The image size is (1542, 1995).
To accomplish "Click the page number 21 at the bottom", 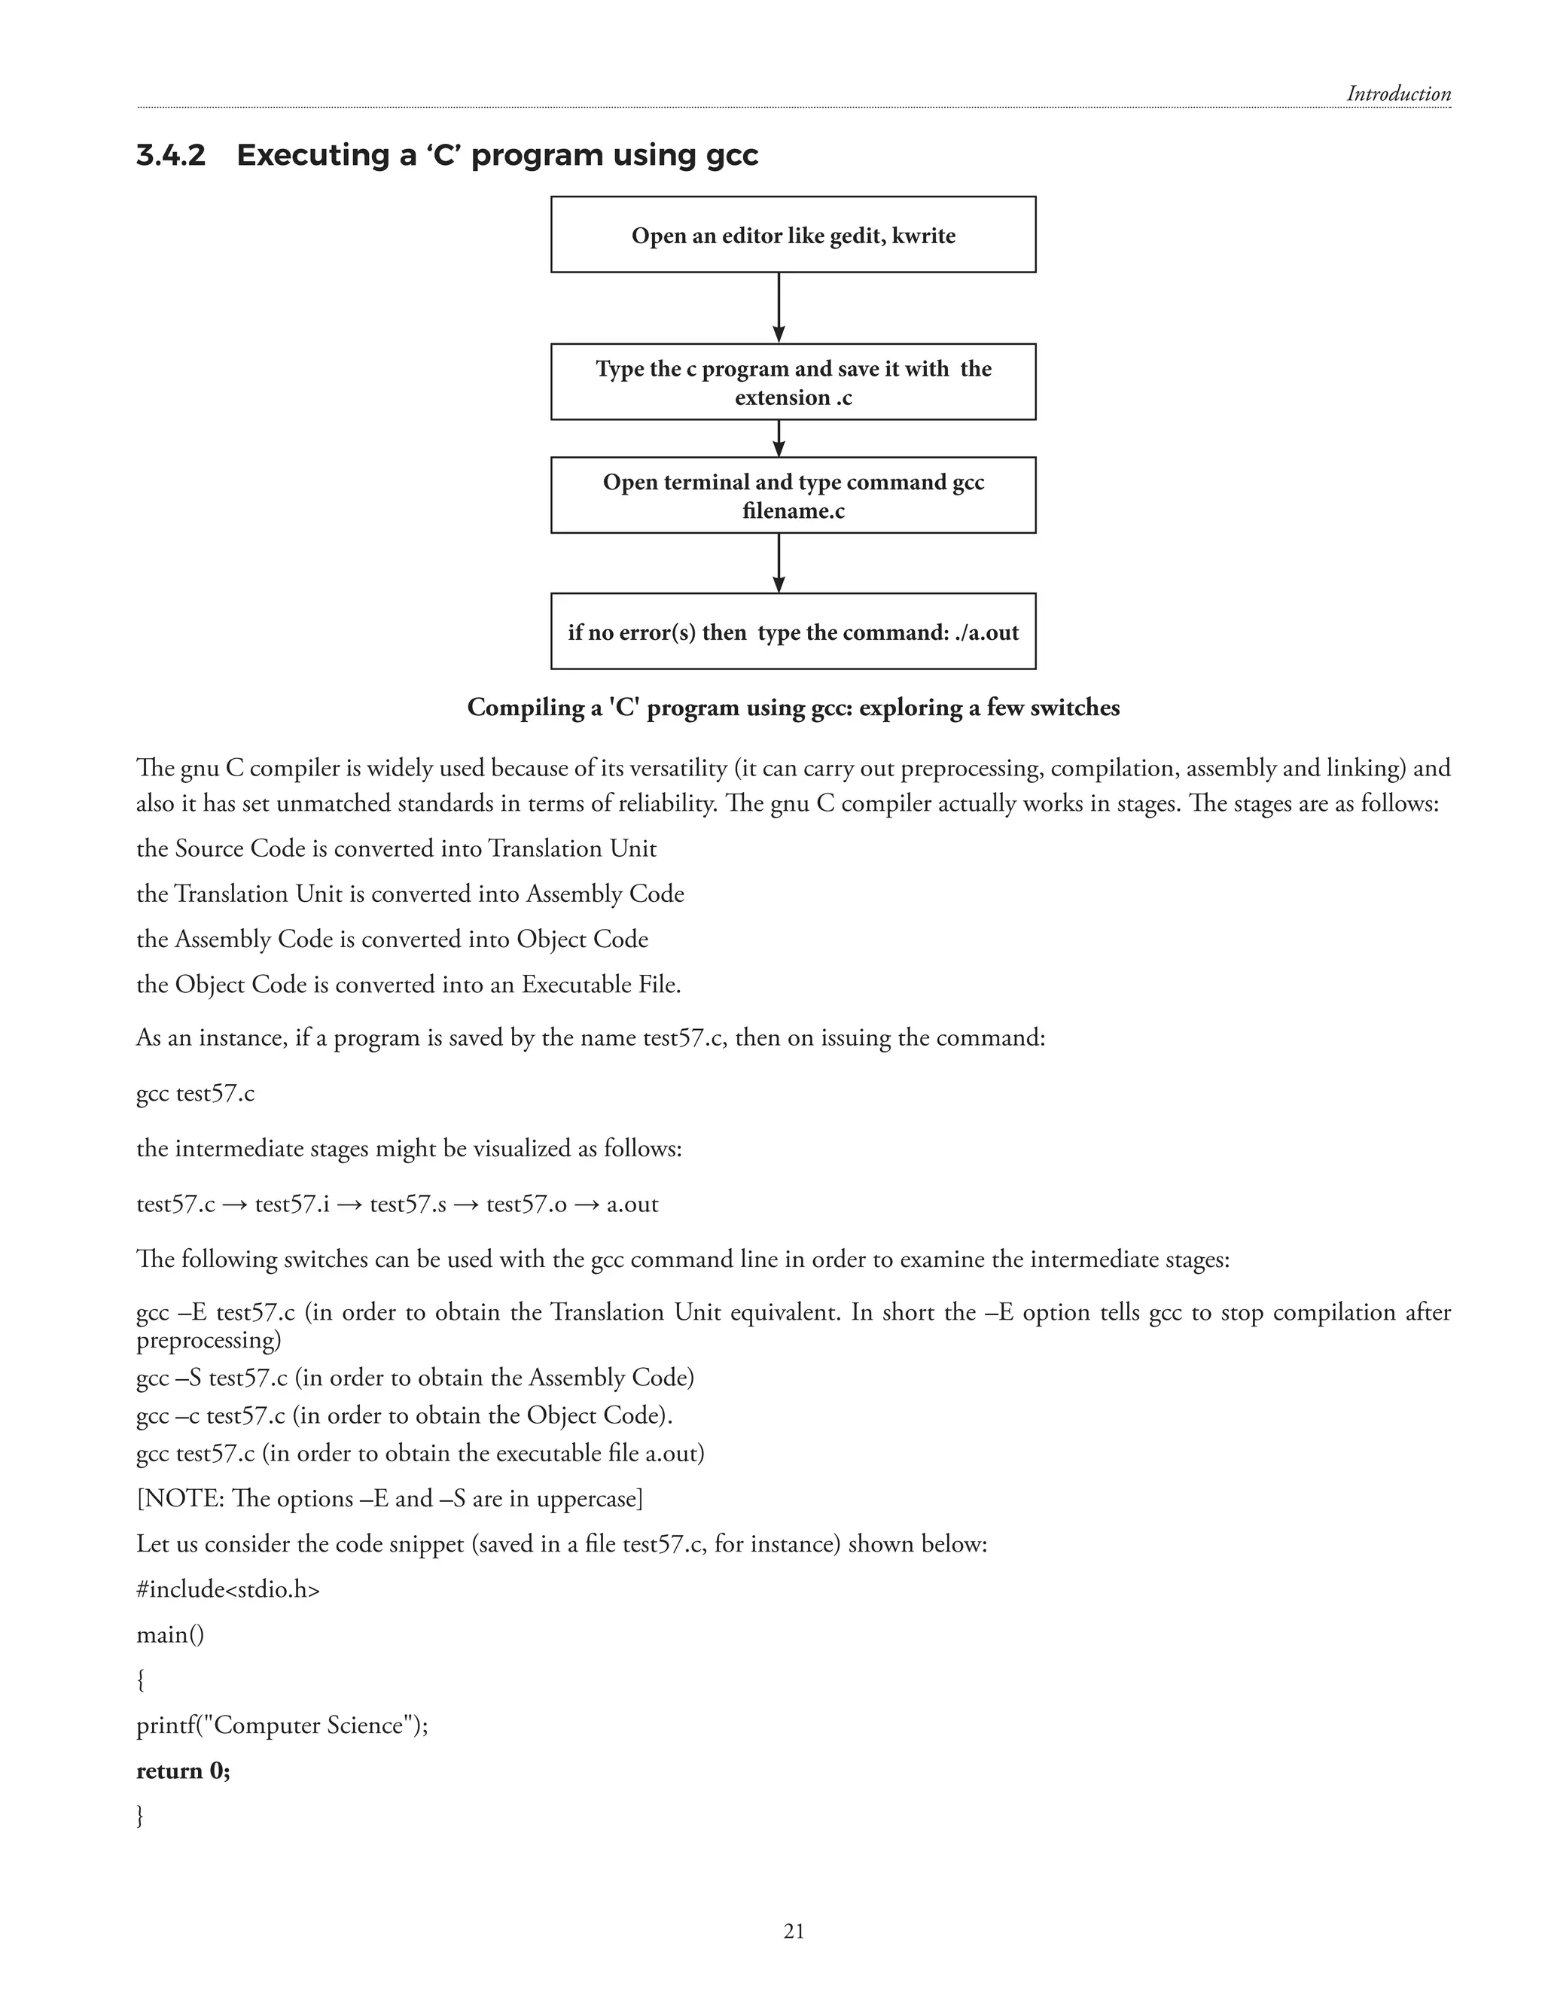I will (x=793, y=1930).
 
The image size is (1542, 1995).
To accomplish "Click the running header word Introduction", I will (x=1397, y=94).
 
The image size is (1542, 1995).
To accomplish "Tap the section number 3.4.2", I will (x=171, y=155).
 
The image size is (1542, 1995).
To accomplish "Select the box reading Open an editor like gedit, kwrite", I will (x=793, y=235).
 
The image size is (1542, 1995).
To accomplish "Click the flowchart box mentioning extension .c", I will (x=793, y=382).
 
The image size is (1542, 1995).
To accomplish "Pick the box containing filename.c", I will (x=793, y=495).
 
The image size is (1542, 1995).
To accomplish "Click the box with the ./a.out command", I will (x=793, y=631).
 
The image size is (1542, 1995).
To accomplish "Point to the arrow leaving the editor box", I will (x=779, y=308).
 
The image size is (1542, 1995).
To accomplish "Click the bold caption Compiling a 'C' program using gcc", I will (x=793, y=707).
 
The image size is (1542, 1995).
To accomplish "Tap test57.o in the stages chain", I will (x=526, y=1204).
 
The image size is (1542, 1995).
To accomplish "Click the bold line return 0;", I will (x=184, y=1771).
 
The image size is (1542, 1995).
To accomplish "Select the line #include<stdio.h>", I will (x=228, y=1589).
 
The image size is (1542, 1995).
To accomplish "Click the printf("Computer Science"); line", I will (x=282, y=1725).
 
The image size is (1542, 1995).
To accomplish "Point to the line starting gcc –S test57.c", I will (x=415, y=1378).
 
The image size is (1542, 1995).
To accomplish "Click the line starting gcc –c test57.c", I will (x=404, y=1415).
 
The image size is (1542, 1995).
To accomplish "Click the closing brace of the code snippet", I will (x=141, y=1816).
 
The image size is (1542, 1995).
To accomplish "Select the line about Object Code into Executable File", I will (x=408, y=985).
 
